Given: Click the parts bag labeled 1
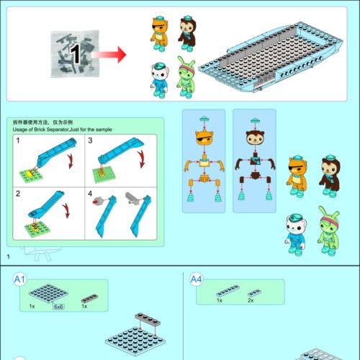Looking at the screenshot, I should click(x=73, y=53).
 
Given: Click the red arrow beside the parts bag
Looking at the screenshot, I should click(x=112, y=54).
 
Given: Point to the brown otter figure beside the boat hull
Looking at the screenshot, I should click(x=188, y=32).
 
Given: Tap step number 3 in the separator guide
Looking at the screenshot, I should click(x=91, y=141).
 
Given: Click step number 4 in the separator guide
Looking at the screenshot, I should click(x=91, y=194).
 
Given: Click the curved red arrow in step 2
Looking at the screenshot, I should click(x=67, y=213).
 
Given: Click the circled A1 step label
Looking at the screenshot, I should click(x=19, y=279).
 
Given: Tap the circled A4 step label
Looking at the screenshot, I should click(x=194, y=279).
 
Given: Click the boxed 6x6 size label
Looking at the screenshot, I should click(x=59, y=306).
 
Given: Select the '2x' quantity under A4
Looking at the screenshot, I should click(x=250, y=300).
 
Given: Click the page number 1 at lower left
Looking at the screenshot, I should click(x=8, y=257).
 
